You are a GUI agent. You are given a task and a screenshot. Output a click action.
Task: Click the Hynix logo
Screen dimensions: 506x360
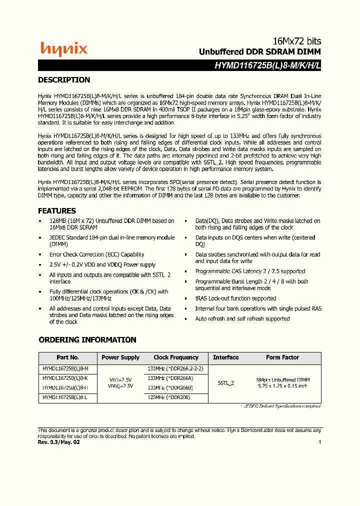pyautogui.click(x=63, y=48)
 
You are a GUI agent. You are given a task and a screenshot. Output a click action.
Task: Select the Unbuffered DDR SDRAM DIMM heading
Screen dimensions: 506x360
pyautogui.click(x=260, y=52)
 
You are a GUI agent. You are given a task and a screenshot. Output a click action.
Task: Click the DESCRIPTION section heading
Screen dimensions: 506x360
pyautogui.click(x=64, y=80)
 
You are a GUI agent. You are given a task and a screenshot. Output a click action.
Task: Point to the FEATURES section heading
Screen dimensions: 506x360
pyautogui.click(x=57, y=211)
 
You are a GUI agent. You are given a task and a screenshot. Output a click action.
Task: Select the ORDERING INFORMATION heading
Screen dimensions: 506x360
pyautogui.click(x=87, y=340)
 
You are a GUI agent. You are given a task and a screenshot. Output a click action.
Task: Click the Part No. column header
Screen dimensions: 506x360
pyautogui.click(x=67, y=357)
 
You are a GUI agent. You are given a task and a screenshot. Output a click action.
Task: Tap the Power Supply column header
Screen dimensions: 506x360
pyautogui.click(x=120, y=357)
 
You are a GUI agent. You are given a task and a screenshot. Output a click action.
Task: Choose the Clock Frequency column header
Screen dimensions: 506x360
pyautogui.click(x=175, y=357)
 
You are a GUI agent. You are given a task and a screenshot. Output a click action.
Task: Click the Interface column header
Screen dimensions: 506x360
pyautogui.click(x=225, y=357)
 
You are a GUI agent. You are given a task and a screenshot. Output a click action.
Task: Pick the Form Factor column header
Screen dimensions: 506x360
pyautogui.click(x=282, y=357)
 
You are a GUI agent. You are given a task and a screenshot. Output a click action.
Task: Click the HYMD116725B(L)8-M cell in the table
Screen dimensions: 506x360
pyautogui.click(x=65, y=368)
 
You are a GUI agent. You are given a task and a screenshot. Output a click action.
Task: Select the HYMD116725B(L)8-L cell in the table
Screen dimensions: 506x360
pyautogui.click(x=65, y=397)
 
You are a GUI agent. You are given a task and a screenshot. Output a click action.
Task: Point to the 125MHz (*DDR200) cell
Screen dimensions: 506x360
pyautogui.click(x=169, y=397)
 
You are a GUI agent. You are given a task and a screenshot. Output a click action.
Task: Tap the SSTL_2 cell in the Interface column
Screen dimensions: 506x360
pyautogui.click(x=226, y=383)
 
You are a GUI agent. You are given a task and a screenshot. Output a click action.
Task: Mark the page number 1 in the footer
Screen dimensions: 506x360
pyautogui.click(x=319, y=442)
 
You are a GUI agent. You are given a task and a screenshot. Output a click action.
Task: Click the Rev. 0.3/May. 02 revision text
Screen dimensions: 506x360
pyautogui.click(x=58, y=442)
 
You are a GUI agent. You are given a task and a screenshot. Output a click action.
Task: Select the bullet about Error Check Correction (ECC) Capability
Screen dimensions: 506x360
pyautogui.click(x=96, y=254)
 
